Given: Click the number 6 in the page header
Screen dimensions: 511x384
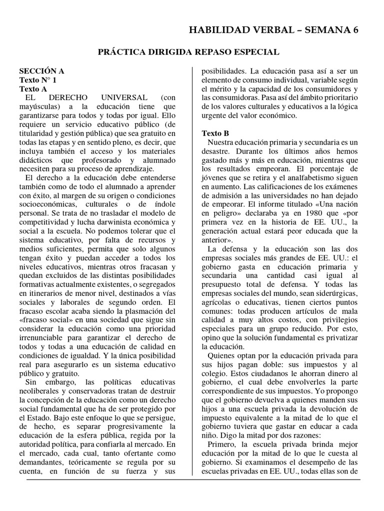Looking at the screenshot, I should [x=355, y=30].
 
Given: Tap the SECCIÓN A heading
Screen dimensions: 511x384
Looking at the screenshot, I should [x=42, y=71].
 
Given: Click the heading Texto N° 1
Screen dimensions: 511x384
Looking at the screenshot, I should [x=38, y=80].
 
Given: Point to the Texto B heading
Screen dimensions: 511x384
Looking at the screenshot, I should [x=215, y=133].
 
